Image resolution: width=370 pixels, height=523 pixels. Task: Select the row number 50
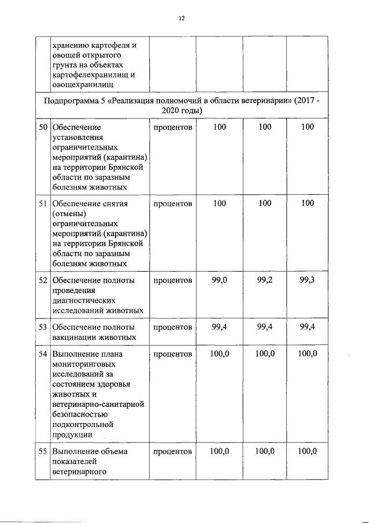click(x=42, y=127)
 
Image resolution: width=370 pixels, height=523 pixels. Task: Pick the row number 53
click(x=42, y=327)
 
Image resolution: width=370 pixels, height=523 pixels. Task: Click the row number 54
click(x=42, y=353)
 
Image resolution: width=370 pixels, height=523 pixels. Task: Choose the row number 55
click(x=42, y=451)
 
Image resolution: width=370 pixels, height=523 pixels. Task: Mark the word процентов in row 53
click(x=173, y=327)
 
